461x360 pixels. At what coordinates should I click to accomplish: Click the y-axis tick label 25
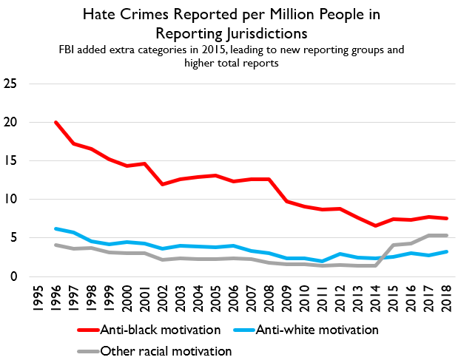click(x=11, y=83)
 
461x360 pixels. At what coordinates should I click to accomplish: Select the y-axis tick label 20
click(x=11, y=122)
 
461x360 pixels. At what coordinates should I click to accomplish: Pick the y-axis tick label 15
click(x=11, y=160)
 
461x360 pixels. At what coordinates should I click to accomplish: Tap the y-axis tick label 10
click(x=11, y=200)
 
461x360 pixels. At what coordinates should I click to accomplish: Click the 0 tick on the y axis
click(x=15, y=276)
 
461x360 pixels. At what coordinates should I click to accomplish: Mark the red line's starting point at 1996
click(x=57, y=122)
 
